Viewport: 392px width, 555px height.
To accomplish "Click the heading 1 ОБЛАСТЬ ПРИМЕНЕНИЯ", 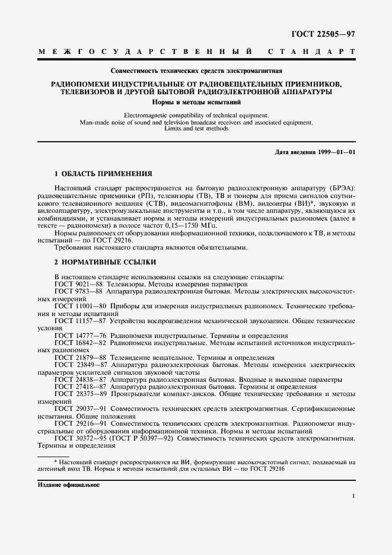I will [x=103, y=174].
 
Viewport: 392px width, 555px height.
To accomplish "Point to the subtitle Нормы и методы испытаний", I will [x=196, y=101].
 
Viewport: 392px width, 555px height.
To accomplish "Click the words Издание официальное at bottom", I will [x=68, y=485].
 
